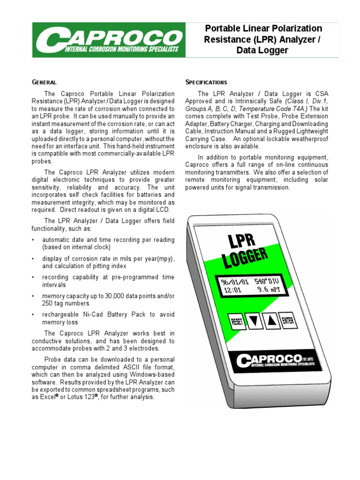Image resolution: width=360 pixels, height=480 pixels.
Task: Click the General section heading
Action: (x=44, y=82)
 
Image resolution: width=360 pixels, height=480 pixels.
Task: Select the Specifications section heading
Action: (x=206, y=82)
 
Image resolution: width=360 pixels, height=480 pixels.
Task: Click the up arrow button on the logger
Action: (x=270, y=321)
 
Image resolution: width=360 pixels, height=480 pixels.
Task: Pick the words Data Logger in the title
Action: (x=262, y=50)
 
